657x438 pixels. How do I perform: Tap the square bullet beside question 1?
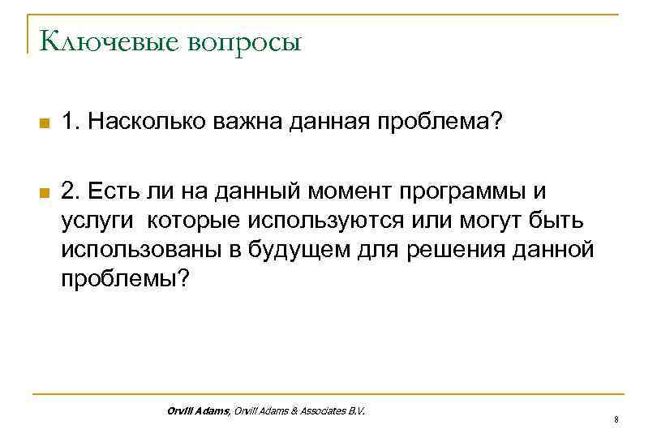(x=45, y=123)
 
